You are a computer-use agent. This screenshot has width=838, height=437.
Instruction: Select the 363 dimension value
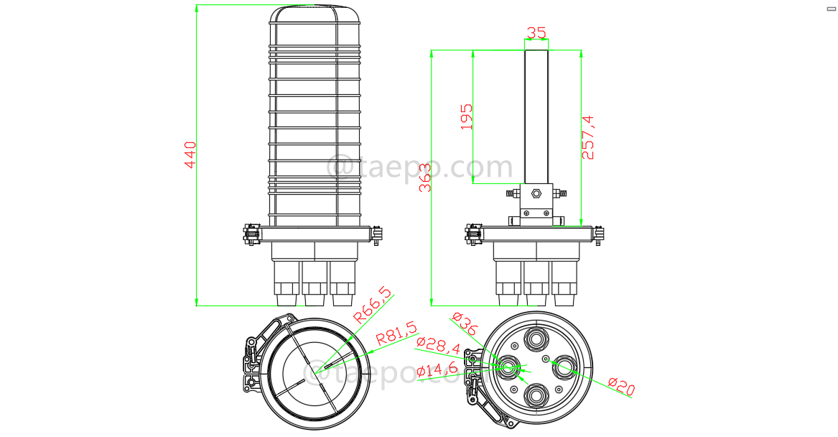click(426, 178)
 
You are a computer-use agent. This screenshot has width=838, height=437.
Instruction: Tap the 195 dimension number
click(467, 116)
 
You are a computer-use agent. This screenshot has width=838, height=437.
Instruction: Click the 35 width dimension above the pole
click(536, 32)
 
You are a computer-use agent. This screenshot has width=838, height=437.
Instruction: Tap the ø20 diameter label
click(620, 387)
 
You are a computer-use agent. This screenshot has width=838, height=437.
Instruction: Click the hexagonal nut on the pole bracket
click(536, 193)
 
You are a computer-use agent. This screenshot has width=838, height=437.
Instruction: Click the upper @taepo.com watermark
click(420, 167)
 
